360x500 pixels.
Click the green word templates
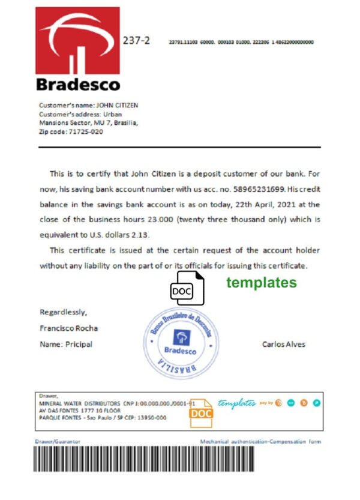pyautogui.click(x=261, y=283)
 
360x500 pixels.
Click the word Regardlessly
pyautogui.click(x=63, y=312)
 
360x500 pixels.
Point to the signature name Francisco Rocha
pyautogui.click(x=68, y=328)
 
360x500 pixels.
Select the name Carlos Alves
pyautogui.click(x=283, y=345)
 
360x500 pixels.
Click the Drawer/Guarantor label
pyautogui.click(x=58, y=442)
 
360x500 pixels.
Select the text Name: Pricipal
pyautogui.click(x=66, y=345)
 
